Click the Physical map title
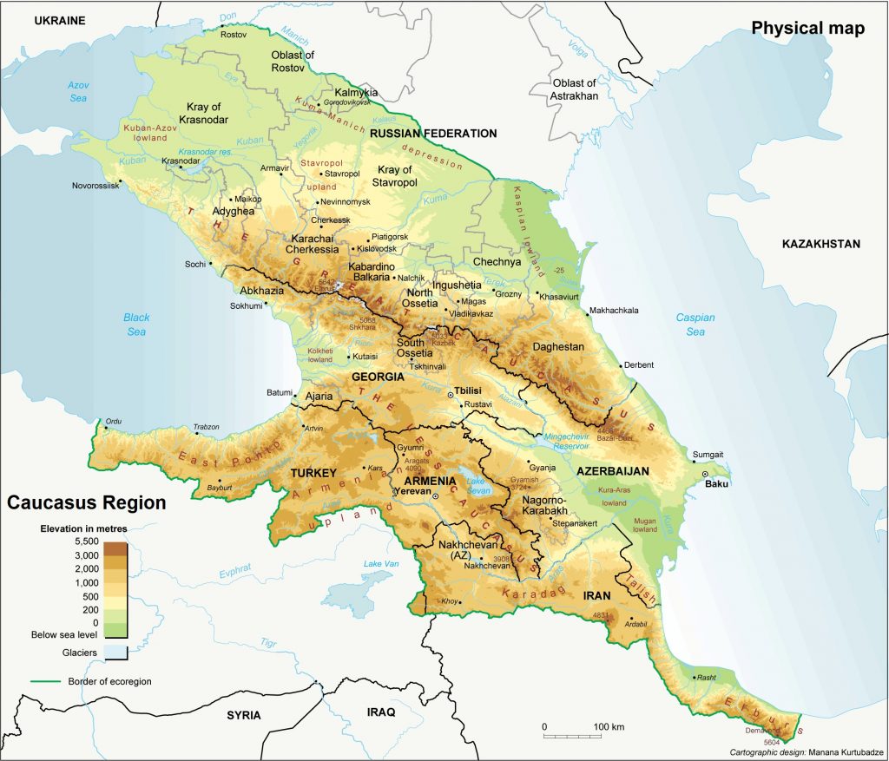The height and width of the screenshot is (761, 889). point(807,29)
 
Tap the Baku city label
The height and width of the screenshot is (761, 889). point(716,483)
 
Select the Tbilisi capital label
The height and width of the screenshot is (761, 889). point(468,391)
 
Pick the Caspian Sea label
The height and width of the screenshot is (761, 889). point(695,325)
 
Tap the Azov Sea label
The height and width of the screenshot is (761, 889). point(81,91)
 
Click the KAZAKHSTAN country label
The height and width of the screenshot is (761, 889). point(820,244)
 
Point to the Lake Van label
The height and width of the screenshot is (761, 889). point(379,565)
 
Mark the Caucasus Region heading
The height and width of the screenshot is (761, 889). point(87,502)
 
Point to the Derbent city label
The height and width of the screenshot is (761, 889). point(638,365)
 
